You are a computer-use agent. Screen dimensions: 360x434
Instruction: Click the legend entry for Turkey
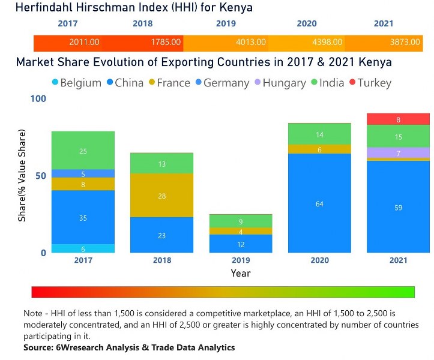[370, 83]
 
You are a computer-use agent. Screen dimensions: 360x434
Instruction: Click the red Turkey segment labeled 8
[399, 119]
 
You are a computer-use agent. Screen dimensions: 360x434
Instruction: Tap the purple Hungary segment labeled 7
[399, 153]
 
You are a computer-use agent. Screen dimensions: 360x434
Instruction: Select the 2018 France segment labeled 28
[162, 196]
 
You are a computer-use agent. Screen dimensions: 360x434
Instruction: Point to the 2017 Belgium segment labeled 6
[83, 248]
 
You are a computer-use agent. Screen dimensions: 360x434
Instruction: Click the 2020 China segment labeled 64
[319, 203]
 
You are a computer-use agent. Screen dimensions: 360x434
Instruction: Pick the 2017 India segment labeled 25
[83, 151]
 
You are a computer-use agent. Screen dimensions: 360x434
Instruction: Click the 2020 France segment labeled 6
[319, 149]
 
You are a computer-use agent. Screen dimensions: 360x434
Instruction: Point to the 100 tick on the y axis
[38, 99]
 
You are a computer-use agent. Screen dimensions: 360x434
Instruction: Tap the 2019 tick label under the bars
[241, 260]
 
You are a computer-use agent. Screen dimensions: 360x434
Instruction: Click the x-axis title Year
[241, 273]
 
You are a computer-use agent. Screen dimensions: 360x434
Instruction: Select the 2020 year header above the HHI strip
[306, 24]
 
